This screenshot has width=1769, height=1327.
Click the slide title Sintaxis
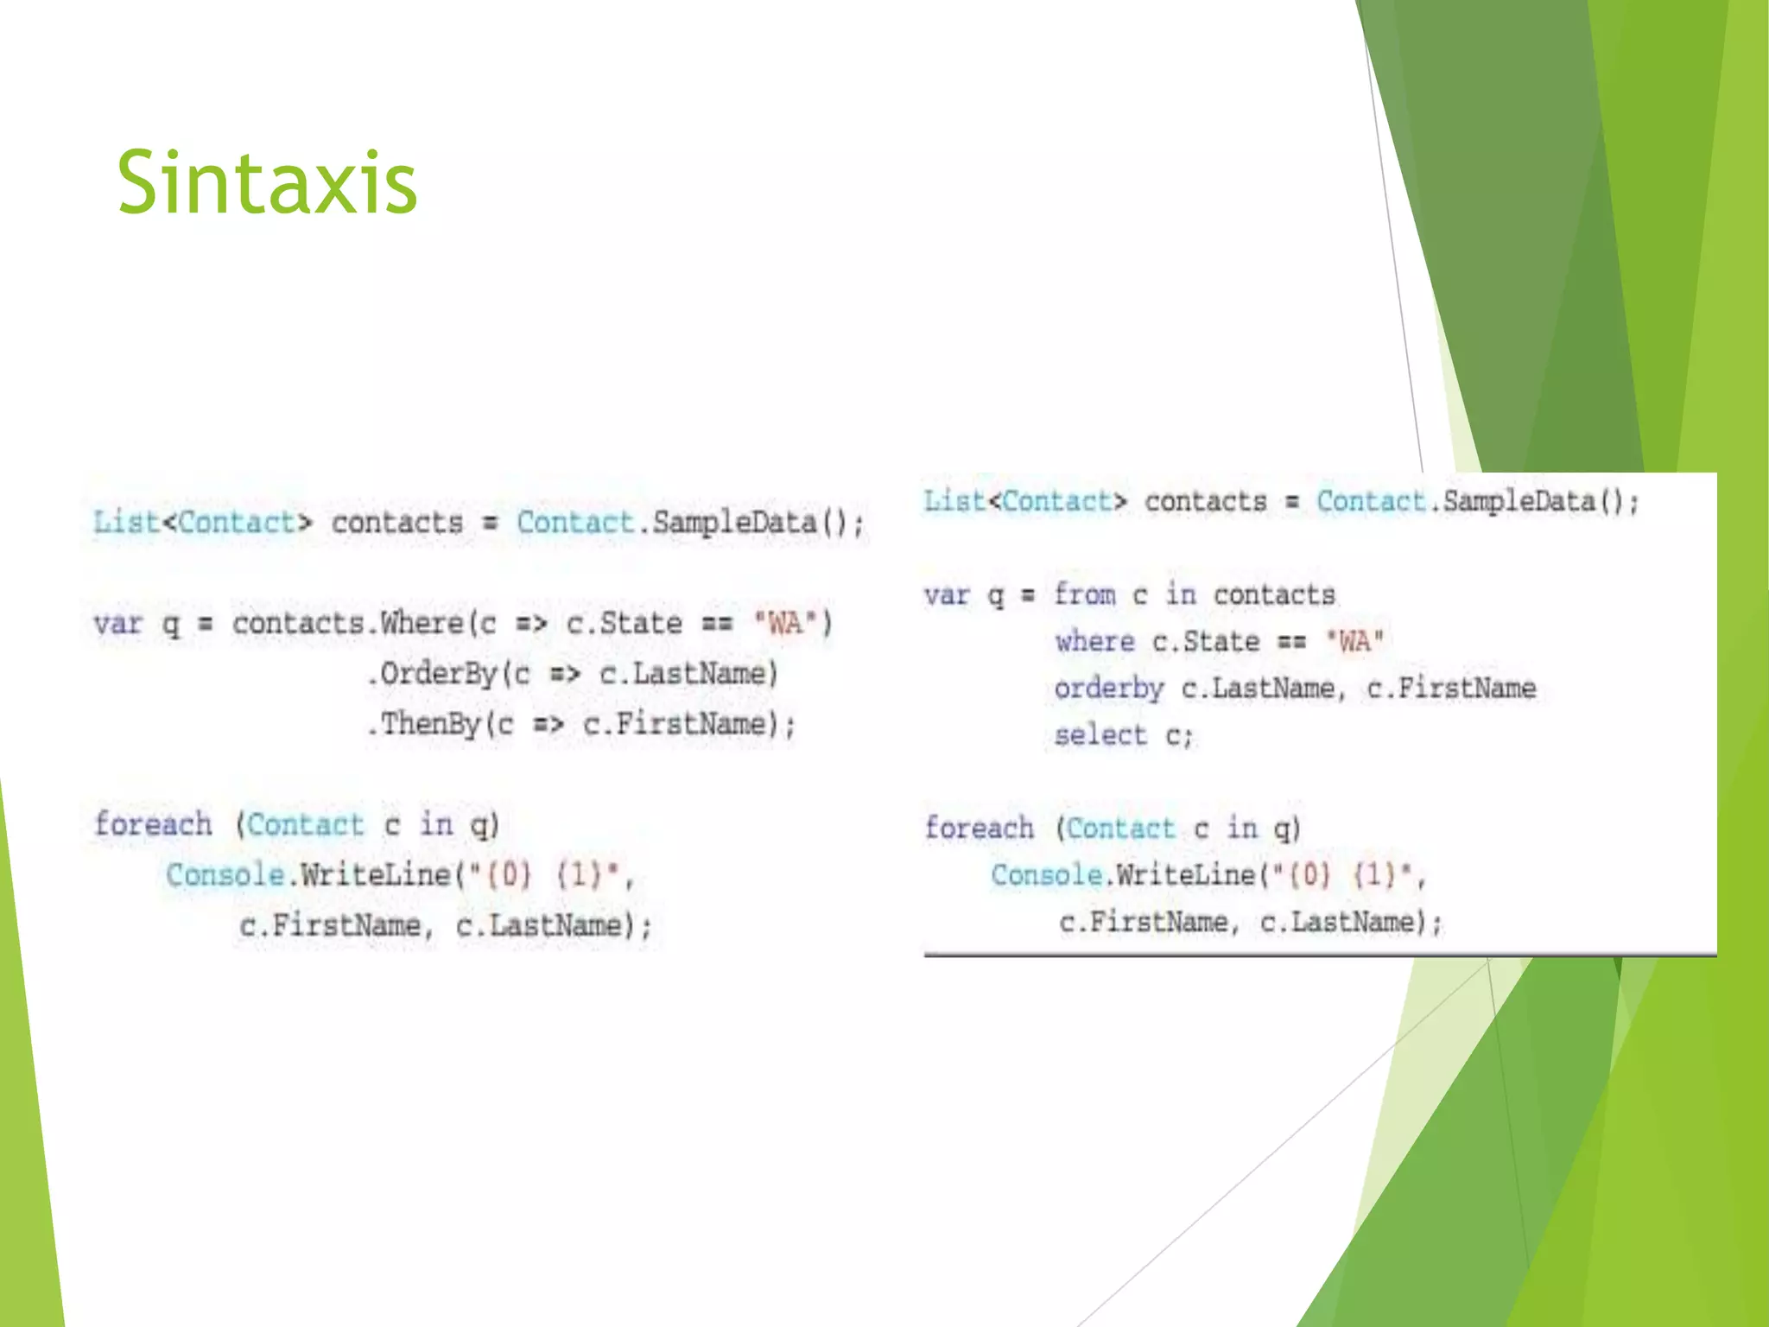[x=267, y=183]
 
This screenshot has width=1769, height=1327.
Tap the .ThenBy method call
[x=423, y=724]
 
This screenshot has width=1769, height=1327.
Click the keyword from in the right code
[x=1085, y=594]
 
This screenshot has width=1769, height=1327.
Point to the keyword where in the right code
[x=1094, y=641]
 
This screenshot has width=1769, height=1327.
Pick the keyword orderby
[x=1108, y=689]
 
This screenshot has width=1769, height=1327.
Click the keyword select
[x=1100, y=735]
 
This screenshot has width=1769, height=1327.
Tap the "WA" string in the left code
[x=785, y=623]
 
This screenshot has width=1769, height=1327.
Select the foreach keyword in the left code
[x=153, y=824]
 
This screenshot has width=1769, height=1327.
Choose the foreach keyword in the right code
[x=979, y=828]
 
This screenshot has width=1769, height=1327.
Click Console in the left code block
[x=225, y=875]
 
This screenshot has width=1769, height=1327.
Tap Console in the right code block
[x=1046, y=875]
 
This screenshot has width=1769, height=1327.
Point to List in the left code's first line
[x=126, y=523]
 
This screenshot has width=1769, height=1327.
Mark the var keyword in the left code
[x=117, y=623]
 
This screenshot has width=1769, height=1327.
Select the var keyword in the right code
[x=947, y=594]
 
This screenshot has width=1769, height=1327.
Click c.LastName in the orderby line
[x=1258, y=689]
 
